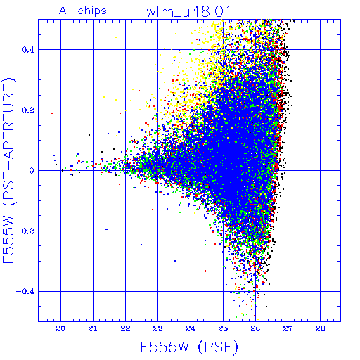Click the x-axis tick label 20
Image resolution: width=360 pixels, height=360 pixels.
point(60,328)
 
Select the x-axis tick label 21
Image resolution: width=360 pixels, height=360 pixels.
point(93,328)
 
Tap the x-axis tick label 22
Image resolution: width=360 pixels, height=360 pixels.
point(125,328)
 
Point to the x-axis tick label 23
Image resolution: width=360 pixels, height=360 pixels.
point(157,328)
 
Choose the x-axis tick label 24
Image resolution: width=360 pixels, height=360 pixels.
point(191,328)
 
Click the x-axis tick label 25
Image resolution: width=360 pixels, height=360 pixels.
point(223,328)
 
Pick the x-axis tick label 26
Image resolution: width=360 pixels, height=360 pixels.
point(255,328)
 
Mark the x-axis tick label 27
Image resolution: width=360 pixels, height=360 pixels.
point(288,328)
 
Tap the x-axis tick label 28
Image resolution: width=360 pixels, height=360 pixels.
point(320,328)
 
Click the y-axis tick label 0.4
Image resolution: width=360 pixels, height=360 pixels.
point(28,50)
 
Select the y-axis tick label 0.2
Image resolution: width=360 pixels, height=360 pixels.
point(28,110)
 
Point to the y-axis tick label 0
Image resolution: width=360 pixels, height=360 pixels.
point(32,171)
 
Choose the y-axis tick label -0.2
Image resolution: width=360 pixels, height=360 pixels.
point(25,231)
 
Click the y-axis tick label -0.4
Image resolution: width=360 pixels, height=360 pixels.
point(25,292)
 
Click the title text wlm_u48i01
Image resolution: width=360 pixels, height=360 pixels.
point(188,11)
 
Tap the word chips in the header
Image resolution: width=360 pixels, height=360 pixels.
point(92,11)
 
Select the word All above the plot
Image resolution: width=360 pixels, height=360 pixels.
point(65,11)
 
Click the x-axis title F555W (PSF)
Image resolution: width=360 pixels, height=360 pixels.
point(189,347)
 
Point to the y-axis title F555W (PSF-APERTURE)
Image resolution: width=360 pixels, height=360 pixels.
point(8,171)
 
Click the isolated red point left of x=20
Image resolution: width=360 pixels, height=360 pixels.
point(52,113)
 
